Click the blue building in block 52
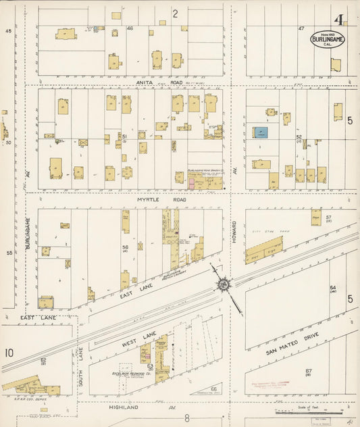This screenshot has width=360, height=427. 261,133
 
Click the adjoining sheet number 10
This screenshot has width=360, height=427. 9,352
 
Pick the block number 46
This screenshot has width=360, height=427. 130,28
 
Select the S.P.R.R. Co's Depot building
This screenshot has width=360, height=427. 30,387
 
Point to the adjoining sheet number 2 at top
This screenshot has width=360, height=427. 174,13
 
